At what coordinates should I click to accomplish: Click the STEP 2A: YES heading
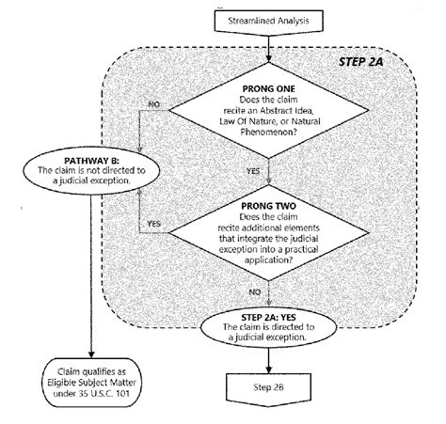click(269, 318)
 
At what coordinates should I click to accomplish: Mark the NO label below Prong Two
click(255, 291)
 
